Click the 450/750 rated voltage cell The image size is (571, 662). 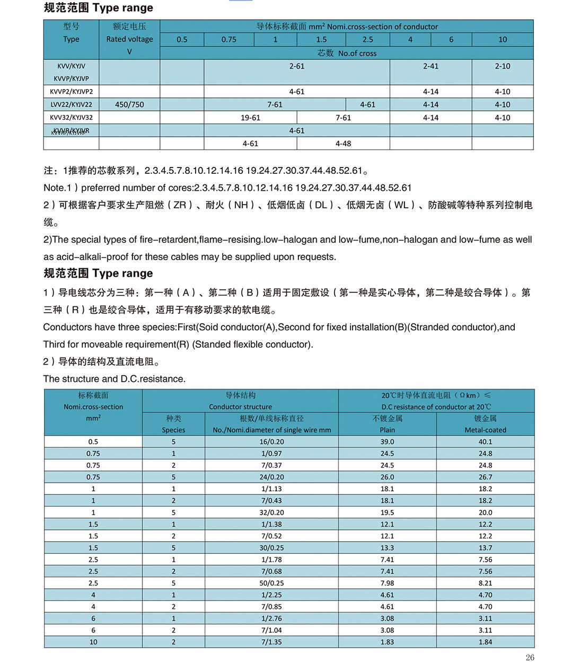coord(129,105)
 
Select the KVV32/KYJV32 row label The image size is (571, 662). coord(71,118)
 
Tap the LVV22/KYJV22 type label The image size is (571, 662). coord(71,105)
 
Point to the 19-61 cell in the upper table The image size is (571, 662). coord(250,118)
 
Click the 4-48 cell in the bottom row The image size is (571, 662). coord(343,144)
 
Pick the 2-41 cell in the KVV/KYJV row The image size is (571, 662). coord(431,66)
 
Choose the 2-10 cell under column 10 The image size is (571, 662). coord(502,66)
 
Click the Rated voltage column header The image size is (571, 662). coord(129,39)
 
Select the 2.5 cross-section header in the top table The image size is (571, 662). coord(367,40)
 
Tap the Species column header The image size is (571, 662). coord(173,430)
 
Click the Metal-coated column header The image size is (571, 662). coord(485,430)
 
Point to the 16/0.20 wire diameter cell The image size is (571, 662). coord(271,442)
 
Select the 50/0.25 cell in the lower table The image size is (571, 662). coord(271,583)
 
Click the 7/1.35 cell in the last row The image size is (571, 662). coord(271,642)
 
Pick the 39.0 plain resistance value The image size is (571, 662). coord(387,442)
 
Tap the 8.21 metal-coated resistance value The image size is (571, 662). coord(485,583)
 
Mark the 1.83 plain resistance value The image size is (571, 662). coord(387,642)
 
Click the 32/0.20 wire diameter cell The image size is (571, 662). coord(271,513)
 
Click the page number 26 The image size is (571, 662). coord(530,657)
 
